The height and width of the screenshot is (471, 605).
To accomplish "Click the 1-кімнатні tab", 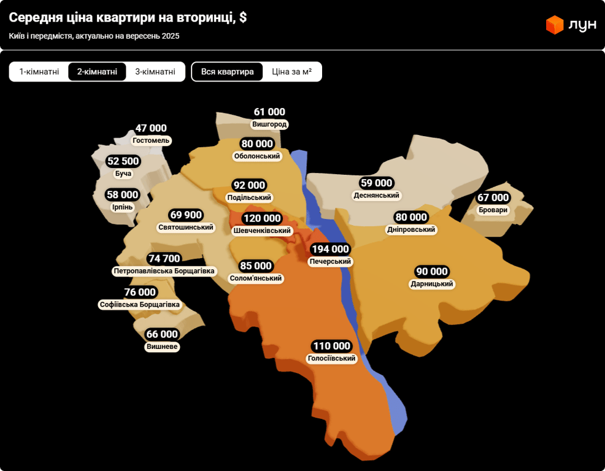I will click(39, 72).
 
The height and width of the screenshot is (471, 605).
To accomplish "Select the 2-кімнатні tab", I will click(97, 72).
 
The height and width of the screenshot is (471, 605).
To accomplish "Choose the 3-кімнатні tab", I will click(155, 72).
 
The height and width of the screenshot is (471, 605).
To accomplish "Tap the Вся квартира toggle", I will click(227, 72).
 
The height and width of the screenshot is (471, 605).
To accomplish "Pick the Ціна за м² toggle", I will click(291, 72).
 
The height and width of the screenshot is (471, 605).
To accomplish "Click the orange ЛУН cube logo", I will click(554, 25).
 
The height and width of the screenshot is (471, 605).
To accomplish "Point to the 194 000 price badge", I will click(330, 249).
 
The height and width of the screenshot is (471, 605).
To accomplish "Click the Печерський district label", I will click(330, 262).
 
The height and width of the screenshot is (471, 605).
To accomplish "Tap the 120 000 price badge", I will click(261, 218).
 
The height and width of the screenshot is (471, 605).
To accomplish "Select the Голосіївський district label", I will click(332, 359).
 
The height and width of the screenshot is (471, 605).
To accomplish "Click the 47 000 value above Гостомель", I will click(151, 128).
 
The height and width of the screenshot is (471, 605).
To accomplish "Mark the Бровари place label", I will click(493, 210).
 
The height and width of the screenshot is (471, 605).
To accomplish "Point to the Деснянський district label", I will click(376, 196).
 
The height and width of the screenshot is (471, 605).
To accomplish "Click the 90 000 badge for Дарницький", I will click(432, 272).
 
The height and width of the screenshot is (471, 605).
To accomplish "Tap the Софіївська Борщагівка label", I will click(139, 305).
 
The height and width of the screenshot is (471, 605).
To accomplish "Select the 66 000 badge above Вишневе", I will click(162, 334).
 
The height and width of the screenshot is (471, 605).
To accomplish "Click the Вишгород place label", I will click(269, 124).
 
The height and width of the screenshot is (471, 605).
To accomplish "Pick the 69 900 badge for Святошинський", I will click(186, 215).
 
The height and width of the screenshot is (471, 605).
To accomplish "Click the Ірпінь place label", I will click(122, 207).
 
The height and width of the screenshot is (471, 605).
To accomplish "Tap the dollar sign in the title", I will click(243, 18).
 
